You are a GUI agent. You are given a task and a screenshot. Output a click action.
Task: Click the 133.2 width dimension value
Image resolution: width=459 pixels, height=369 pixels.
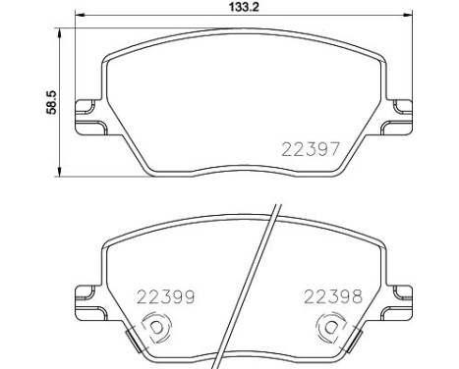click(244, 7)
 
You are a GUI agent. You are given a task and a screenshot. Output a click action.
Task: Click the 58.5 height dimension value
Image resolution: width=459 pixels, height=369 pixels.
click(51, 103)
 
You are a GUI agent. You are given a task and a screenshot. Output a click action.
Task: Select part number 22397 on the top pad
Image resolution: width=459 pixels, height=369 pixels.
click(311, 149)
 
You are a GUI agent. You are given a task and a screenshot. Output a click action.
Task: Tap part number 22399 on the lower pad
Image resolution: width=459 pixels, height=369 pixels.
click(166, 297)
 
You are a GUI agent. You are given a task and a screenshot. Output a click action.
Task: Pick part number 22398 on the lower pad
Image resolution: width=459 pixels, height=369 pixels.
click(333, 296)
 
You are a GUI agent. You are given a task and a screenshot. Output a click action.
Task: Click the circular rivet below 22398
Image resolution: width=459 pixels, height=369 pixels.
click(331, 327)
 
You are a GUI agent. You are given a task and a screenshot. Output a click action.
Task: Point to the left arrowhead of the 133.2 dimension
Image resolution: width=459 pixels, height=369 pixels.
click(81, 15)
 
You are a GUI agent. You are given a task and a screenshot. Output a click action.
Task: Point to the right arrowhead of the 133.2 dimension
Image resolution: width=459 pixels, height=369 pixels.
click(407, 15)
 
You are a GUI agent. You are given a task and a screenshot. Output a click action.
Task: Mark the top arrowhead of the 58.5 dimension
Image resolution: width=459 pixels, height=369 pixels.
click(59, 33)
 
